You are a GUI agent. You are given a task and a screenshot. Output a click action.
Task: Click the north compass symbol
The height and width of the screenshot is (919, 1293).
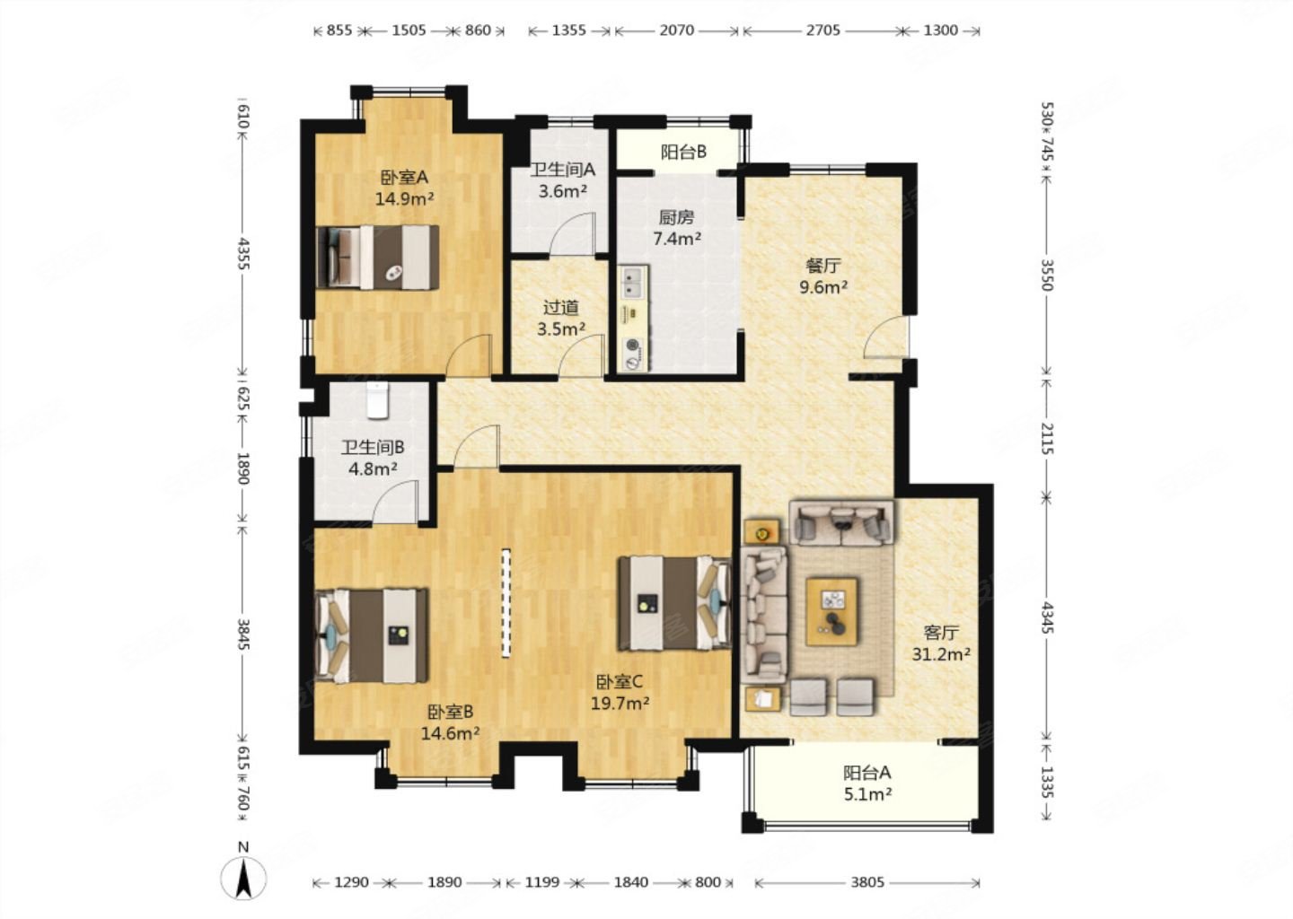click(x=243, y=878)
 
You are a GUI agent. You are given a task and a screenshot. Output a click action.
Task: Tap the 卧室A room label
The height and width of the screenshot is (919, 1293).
click(x=404, y=178)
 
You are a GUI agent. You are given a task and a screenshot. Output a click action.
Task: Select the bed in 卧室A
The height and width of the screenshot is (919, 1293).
click(x=378, y=258)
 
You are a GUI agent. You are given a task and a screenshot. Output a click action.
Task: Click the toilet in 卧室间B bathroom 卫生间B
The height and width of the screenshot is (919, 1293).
click(x=378, y=399)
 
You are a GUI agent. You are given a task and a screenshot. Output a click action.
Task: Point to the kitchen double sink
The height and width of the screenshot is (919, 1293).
click(x=634, y=284)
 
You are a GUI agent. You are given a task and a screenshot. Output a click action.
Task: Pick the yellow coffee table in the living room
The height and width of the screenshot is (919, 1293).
click(x=831, y=611)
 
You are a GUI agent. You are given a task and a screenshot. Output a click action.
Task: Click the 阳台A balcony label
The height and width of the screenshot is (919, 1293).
click(x=867, y=773)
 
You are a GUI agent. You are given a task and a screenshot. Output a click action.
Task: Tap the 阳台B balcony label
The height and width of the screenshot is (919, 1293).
click(x=683, y=153)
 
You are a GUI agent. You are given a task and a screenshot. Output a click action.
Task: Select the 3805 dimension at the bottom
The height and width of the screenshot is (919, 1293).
click(x=867, y=883)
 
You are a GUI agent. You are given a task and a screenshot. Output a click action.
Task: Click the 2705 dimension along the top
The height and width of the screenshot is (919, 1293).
click(x=822, y=30)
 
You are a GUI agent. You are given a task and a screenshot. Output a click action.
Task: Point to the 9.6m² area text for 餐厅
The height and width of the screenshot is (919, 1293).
click(x=823, y=286)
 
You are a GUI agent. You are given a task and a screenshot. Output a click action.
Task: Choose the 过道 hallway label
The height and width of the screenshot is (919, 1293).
click(x=560, y=308)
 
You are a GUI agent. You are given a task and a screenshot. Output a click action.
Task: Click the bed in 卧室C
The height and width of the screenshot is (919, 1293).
click(x=674, y=603)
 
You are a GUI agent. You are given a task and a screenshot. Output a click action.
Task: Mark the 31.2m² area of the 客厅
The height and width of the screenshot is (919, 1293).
click(x=941, y=654)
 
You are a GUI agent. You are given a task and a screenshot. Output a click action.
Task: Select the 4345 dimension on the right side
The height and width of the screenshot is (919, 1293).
click(x=1048, y=617)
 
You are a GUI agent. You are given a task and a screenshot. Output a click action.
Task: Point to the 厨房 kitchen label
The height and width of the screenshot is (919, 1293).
click(x=676, y=217)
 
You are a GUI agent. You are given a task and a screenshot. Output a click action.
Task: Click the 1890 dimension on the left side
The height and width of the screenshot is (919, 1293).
click(x=243, y=468)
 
